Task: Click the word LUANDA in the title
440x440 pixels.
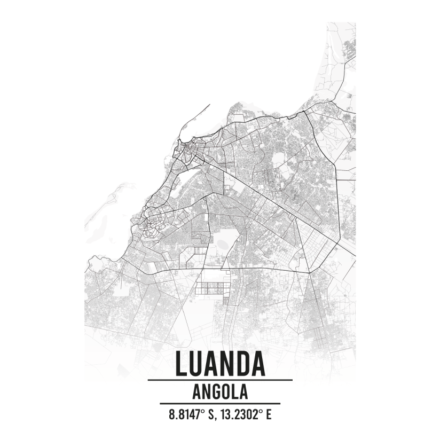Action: coord(219,364)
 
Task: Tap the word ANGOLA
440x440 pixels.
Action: coord(219,392)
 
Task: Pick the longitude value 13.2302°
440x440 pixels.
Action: coord(240,414)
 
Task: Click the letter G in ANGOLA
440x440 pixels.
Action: coord(216,392)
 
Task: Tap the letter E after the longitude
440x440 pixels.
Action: coord(269,414)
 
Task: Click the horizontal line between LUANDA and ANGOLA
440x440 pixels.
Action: coord(219,380)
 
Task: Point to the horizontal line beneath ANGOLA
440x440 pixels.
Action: coord(219,403)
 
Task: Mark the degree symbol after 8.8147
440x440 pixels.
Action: coord(201,411)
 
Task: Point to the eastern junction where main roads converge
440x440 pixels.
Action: coord(309,272)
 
